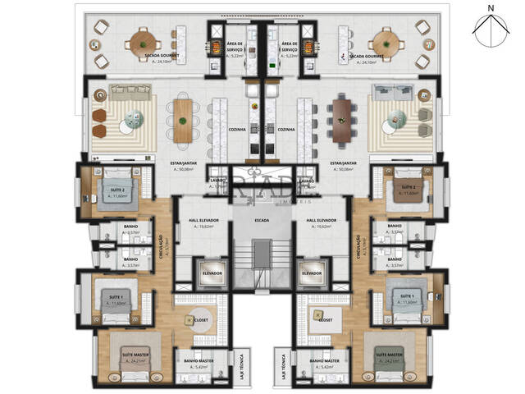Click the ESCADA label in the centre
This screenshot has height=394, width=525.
point(262,221)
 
